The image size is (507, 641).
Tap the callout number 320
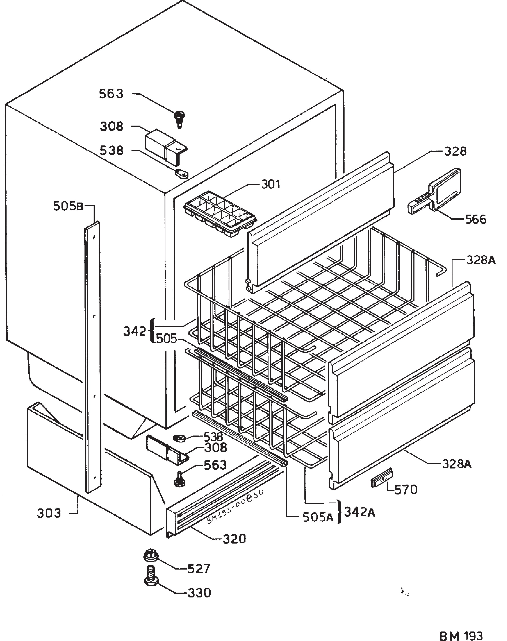pos(234,538)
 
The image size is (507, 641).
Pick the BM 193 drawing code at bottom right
pos(461,627)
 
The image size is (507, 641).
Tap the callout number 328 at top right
pos(455,152)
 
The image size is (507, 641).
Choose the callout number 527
pos(199,569)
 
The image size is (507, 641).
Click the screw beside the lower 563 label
pos(180,479)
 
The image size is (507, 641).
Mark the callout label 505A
pos(318,518)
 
